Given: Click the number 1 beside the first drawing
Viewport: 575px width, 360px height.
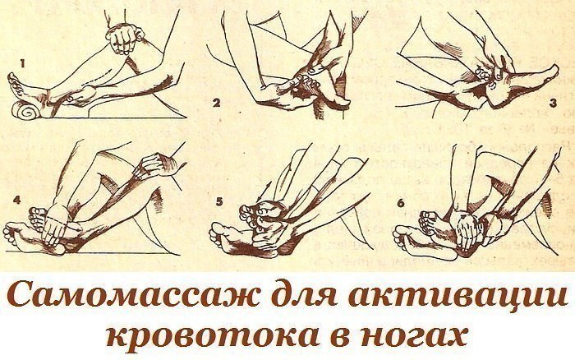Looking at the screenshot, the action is (22, 64).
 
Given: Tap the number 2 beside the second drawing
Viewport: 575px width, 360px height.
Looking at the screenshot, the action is (216, 103).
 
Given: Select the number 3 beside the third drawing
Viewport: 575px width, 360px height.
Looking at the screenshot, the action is (553, 103).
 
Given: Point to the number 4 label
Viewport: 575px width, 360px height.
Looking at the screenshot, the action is (17, 201).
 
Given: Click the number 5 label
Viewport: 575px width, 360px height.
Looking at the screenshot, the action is (219, 202).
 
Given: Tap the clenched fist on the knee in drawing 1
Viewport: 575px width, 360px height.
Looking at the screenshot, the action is (124, 38).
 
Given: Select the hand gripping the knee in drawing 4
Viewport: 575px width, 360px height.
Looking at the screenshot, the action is (154, 165).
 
